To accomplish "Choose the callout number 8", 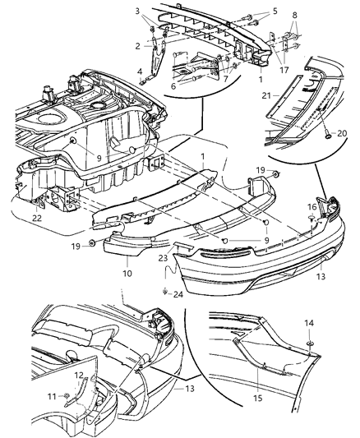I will (293, 14).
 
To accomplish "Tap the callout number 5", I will (252, 12).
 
